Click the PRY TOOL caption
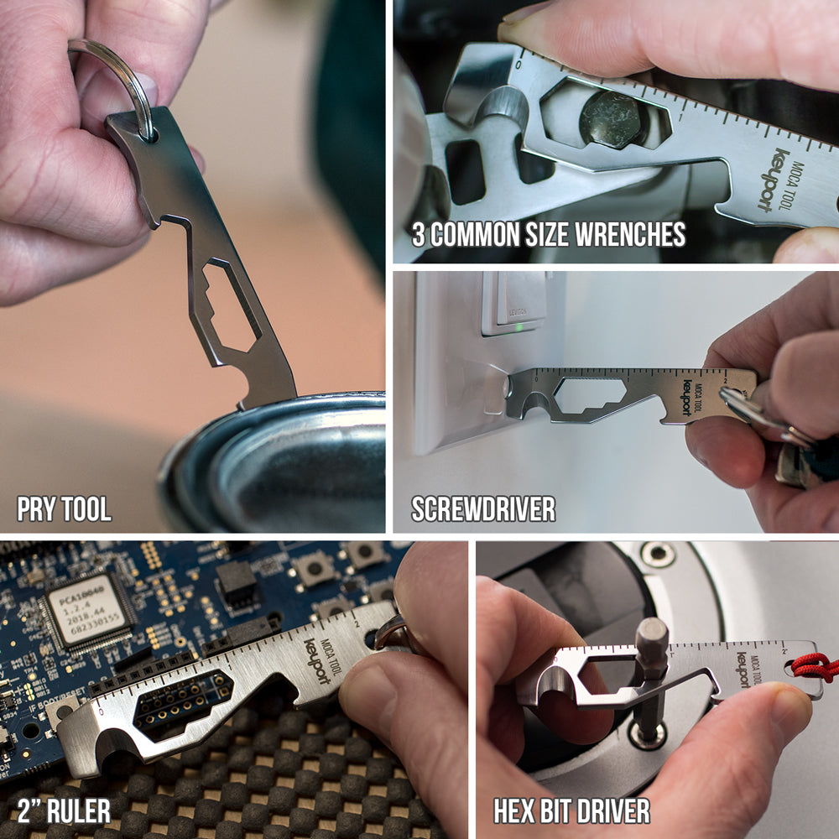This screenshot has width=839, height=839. coord(65,508)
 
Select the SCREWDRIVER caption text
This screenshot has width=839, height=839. coord(483,508)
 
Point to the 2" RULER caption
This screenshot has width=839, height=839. coord(65,811)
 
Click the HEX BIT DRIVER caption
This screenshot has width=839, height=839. coord(571,811)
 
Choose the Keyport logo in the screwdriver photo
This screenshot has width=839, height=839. coord(687,398)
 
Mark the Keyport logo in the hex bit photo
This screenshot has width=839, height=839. coord(743,669)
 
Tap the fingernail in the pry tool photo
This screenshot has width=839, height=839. coord(148,86)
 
